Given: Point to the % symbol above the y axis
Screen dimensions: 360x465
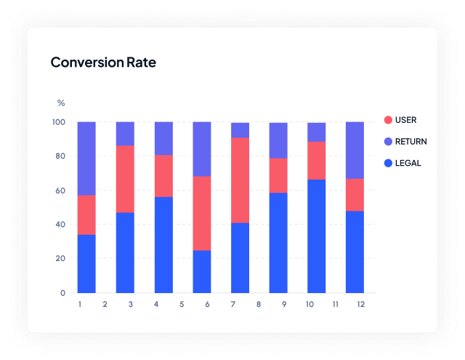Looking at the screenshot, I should [61, 103].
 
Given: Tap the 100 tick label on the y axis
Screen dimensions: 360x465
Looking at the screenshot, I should [57, 122].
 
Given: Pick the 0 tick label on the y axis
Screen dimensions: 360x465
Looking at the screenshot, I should [62, 293].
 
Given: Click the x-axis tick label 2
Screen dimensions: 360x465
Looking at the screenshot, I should [105, 303].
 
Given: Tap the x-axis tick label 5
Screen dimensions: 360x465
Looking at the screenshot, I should [182, 303].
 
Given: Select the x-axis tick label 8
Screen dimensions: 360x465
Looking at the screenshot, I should [258, 303].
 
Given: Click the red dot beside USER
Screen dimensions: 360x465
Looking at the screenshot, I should [388, 120].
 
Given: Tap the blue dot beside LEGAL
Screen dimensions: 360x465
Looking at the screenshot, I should [388, 163].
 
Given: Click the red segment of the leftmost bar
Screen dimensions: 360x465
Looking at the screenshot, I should [86, 215].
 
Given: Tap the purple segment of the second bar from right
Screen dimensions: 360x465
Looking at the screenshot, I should [316, 132].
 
